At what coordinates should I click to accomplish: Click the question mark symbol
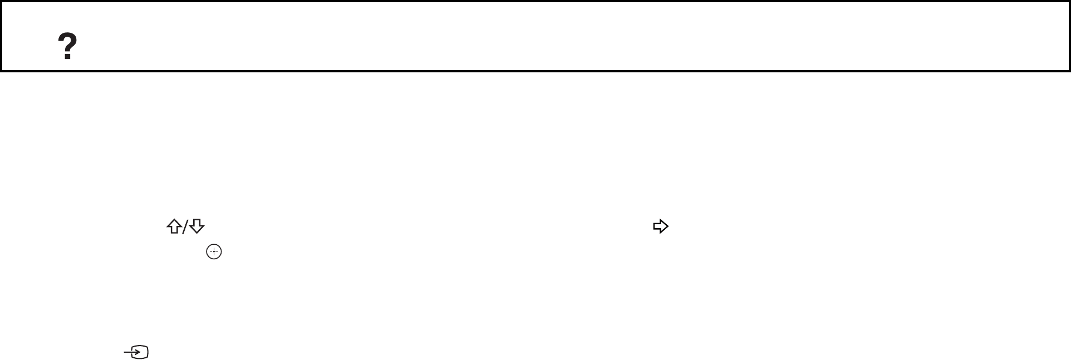click(67, 46)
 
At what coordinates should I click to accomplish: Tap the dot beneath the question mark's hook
click(67, 57)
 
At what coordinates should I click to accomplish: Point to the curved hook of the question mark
click(67, 40)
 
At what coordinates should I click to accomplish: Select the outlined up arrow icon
click(174, 226)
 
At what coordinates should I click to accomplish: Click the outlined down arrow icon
click(197, 226)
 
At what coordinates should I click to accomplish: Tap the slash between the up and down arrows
click(185, 227)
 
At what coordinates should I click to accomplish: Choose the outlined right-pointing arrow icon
click(660, 226)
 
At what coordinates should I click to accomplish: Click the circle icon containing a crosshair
click(214, 252)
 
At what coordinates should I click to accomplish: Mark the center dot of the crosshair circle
click(214, 252)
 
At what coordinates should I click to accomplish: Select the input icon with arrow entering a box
click(137, 352)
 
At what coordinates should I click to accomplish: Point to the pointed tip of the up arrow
click(174, 220)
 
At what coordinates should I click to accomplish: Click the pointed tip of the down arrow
click(197, 233)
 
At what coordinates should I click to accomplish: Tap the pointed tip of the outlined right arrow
click(667, 226)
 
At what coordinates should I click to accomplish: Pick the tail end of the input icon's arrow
click(125, 352)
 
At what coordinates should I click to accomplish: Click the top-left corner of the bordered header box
click(2, 2)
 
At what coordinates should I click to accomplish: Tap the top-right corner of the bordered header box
click(1069, 2)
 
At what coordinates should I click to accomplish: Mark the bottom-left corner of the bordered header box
click(2, 71)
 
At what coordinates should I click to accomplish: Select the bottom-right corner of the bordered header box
click(1069, 71)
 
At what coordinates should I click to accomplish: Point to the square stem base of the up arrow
click(174, 231)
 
